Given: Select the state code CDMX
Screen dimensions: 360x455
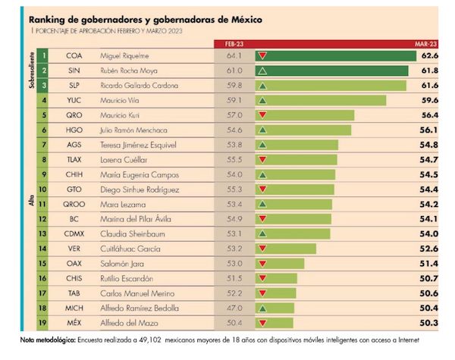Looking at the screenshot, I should (74, 233).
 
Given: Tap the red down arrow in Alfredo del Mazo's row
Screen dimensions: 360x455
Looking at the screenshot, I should (262, 324).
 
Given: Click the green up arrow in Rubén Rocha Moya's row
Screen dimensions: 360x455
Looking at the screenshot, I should (262, 70).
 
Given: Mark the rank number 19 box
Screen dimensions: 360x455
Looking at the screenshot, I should (45, 324).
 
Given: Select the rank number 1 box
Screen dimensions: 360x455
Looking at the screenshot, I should (45, 55).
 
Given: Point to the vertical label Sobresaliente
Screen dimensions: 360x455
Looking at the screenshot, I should (33, 70).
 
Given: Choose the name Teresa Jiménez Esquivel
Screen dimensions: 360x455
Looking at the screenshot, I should (140, 144).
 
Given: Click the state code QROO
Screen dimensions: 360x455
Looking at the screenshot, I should (74, 204).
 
